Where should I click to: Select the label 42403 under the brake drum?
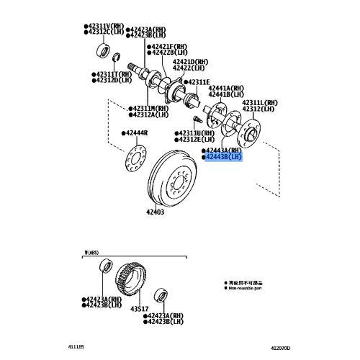[156, 212]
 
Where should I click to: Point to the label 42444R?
[135, 134]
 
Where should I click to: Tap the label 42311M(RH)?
[150, 108]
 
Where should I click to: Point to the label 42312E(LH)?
[197, 140]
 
